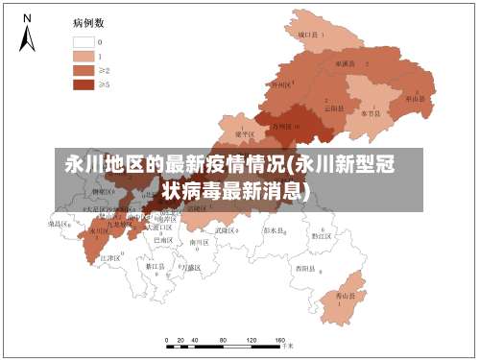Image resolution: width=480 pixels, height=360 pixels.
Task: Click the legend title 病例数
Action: tap(89, 21)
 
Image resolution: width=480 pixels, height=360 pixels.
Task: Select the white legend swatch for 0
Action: tap(84, 42)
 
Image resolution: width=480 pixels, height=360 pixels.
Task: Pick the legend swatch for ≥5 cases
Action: tap(84, 84)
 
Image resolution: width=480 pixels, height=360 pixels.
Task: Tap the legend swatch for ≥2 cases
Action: tap(84, 70)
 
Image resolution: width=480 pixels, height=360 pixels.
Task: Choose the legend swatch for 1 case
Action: tap(84, 56)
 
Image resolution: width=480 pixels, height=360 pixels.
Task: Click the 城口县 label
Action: tap(308, 35)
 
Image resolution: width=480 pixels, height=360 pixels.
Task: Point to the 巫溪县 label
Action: tap(344, 63)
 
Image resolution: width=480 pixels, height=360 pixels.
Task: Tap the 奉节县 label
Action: tap(371, 112)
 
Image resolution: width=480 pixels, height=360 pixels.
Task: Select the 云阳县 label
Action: tap(333, 108)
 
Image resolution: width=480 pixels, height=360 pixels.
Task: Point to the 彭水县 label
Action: tap(276, 230)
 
